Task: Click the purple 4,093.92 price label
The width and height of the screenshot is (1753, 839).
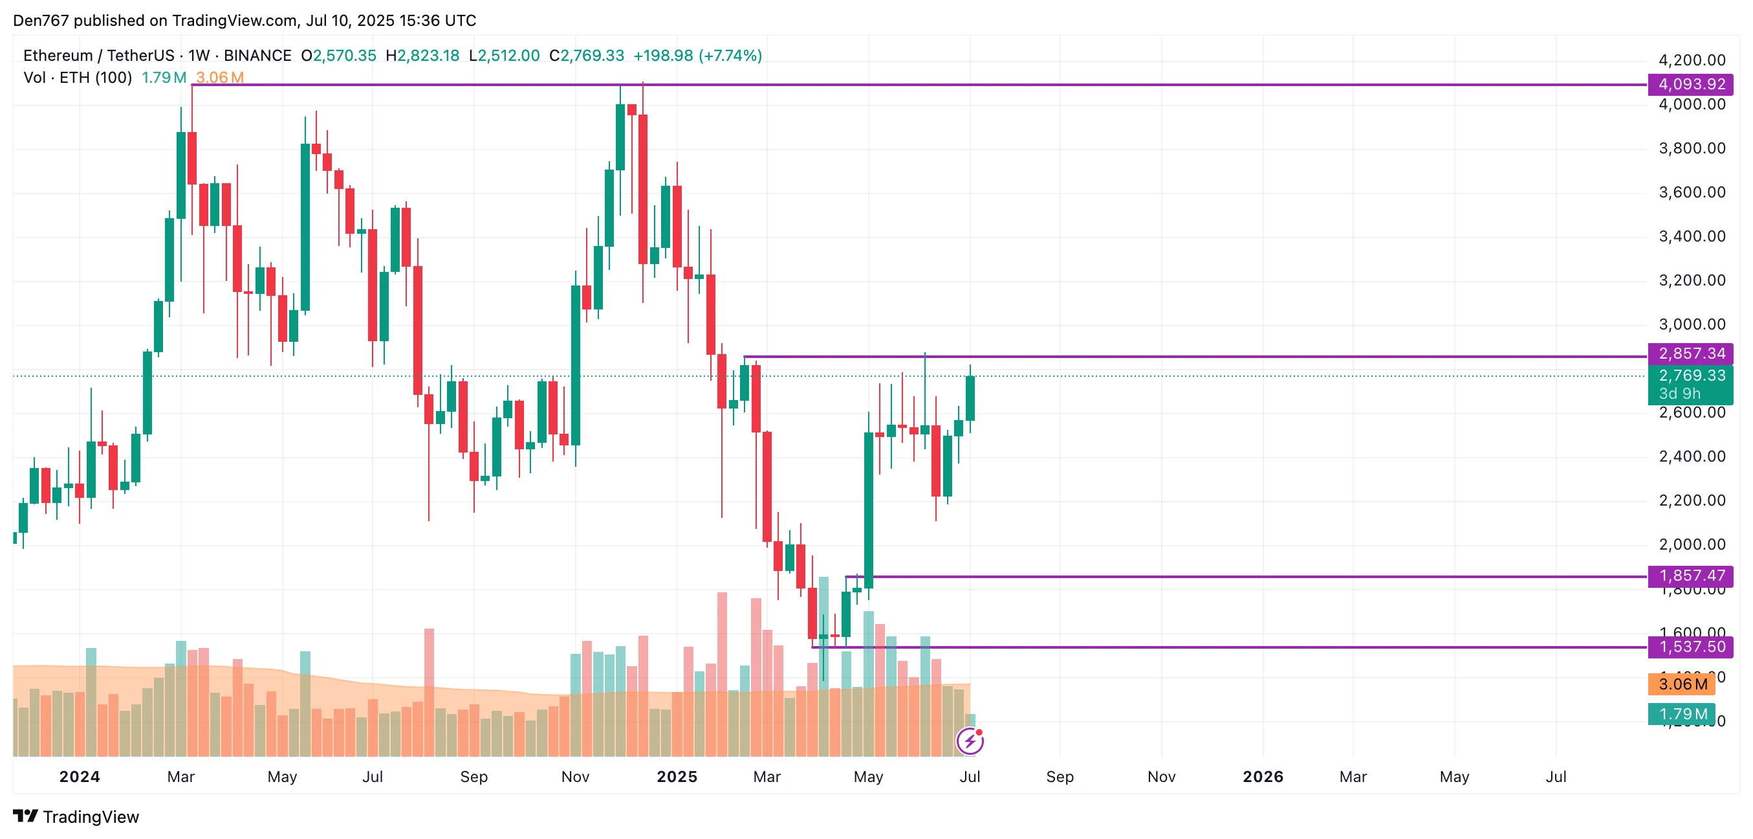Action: (1690, 84)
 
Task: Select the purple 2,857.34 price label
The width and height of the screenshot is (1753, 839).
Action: (1690, 353)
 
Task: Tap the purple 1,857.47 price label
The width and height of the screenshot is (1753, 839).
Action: (1690, 576)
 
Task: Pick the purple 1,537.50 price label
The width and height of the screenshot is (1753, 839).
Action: (1690, 647)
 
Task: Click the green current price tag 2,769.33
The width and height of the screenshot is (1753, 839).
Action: (1690, 376)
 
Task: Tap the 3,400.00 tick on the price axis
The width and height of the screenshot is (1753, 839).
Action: (1692, 236)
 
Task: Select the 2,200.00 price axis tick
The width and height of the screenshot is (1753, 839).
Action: (1692, 500)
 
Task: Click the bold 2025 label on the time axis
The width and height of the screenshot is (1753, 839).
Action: (677, 777)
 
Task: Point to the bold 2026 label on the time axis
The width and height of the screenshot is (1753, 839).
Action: (1262, 777)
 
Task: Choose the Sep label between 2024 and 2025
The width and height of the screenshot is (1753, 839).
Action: (474, 777)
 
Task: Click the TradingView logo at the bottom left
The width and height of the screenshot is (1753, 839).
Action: (76, 816)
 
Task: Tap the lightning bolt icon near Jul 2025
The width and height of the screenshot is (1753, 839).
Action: (970, 741)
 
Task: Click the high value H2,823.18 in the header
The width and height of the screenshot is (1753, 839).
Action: (422, 56)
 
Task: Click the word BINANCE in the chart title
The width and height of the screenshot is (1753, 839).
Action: (257, 56)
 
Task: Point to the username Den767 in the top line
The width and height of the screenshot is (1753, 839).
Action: (41, 21)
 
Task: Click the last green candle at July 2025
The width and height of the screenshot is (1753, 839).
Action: (970, 398)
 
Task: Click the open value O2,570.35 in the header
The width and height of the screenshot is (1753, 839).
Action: (339, 56)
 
